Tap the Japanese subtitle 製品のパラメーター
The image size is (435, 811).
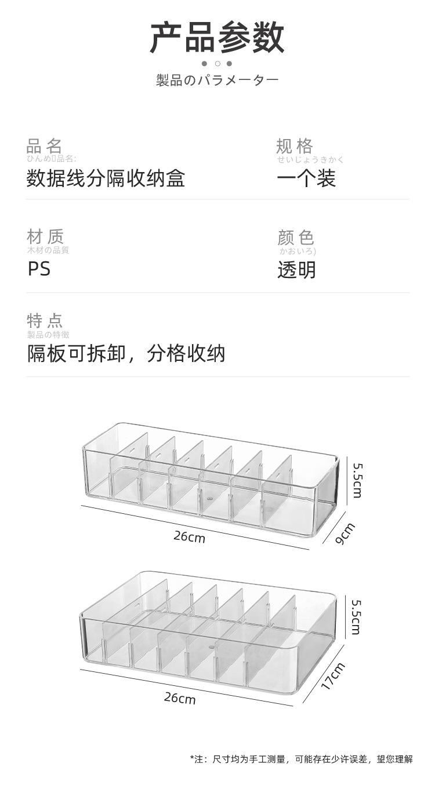217,80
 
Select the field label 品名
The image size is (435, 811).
44,145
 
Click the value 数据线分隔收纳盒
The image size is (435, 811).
106,178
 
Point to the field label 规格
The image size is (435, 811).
295,145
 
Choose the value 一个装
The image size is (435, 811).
306,178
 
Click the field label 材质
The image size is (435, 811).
45,236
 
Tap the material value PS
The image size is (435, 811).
39,269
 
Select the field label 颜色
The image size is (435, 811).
296,237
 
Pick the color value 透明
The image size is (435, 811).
296,269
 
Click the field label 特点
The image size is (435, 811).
45,320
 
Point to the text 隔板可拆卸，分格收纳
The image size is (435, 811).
126,353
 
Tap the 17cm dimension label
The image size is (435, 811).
333,676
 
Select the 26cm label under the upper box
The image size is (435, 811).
189,536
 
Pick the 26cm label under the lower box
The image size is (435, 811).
179,697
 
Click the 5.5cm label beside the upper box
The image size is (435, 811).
357,480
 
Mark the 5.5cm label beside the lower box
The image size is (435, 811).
356,617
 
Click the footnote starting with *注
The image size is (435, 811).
301,759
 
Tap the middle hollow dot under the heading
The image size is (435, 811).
217,64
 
